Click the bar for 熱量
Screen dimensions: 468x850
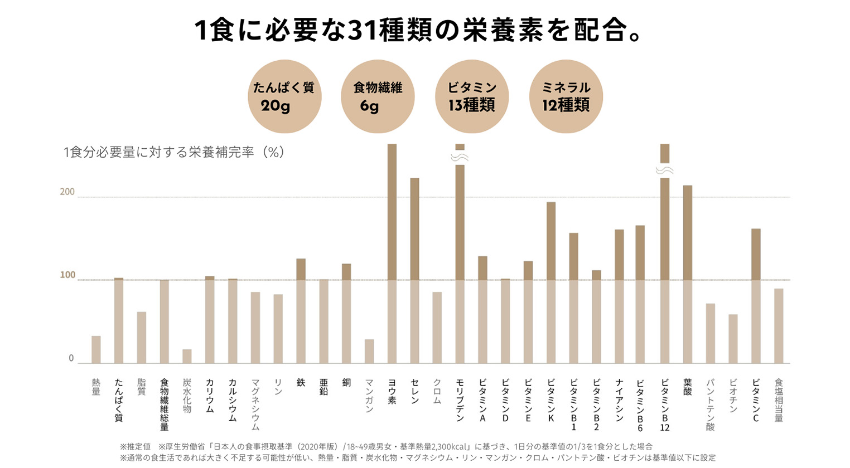pos(96,349)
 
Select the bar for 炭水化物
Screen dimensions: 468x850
pos(187,356)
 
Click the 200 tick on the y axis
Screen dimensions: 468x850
pos(67,192)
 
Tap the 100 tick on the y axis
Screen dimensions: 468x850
pos(67,275)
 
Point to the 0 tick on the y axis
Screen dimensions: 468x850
pos(71,358)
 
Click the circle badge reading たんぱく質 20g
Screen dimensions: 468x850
pos(284,96)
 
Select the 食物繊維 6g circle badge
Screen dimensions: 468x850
pos(378,96)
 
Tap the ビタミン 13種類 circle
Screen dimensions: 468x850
pos(472,96)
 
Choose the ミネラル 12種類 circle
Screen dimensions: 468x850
pos(566,96)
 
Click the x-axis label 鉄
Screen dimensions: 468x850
pos(301,383)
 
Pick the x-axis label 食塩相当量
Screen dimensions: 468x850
pos(779,400)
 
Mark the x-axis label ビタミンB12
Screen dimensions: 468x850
pos(665,404)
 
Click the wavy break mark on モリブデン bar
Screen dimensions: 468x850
pos(460,158)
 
